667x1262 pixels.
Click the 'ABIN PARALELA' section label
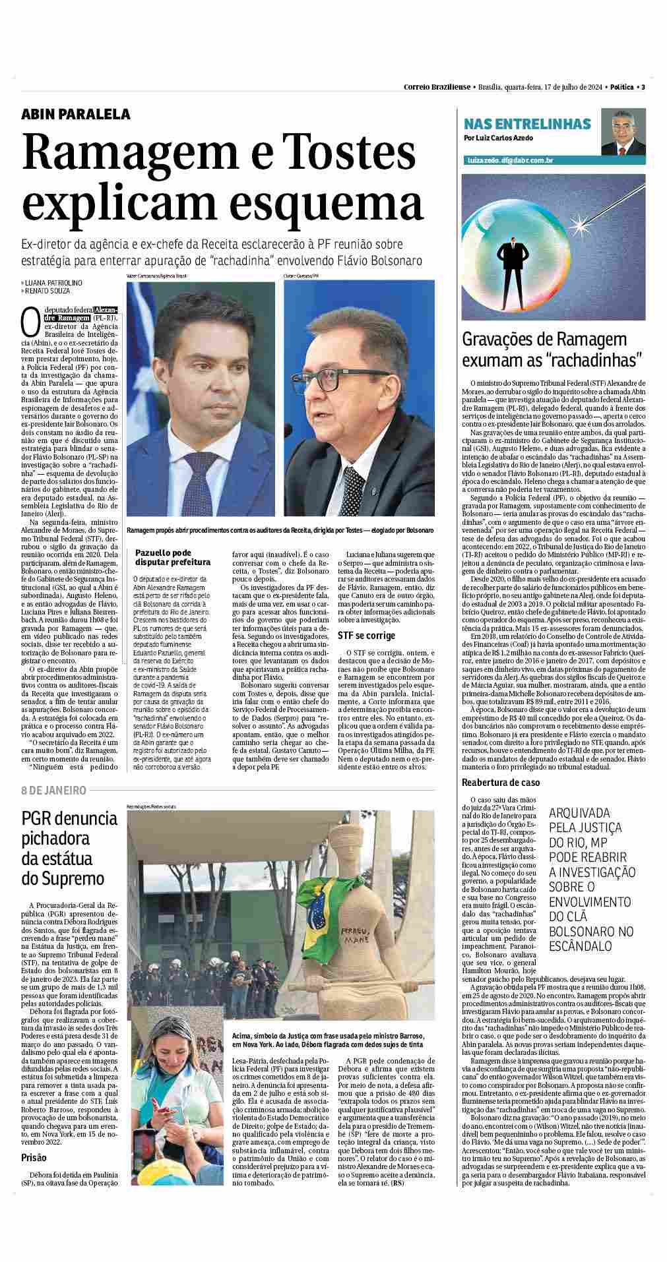pyautogui.click(x=76, y=114)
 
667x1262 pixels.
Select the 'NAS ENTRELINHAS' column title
pyautogui.click(x=527, y=124)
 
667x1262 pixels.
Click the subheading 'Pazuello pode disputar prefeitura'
pyautogui.click(x=172, y=557)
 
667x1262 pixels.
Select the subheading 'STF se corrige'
pyautogui.click(x=366, y=636)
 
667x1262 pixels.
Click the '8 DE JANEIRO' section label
pyautogui.click(x=54, y=790)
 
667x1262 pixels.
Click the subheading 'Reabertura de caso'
pyautogui.click(x=501, y=782)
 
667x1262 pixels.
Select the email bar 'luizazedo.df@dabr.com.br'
pyautogui.click(x=509, y=160)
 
